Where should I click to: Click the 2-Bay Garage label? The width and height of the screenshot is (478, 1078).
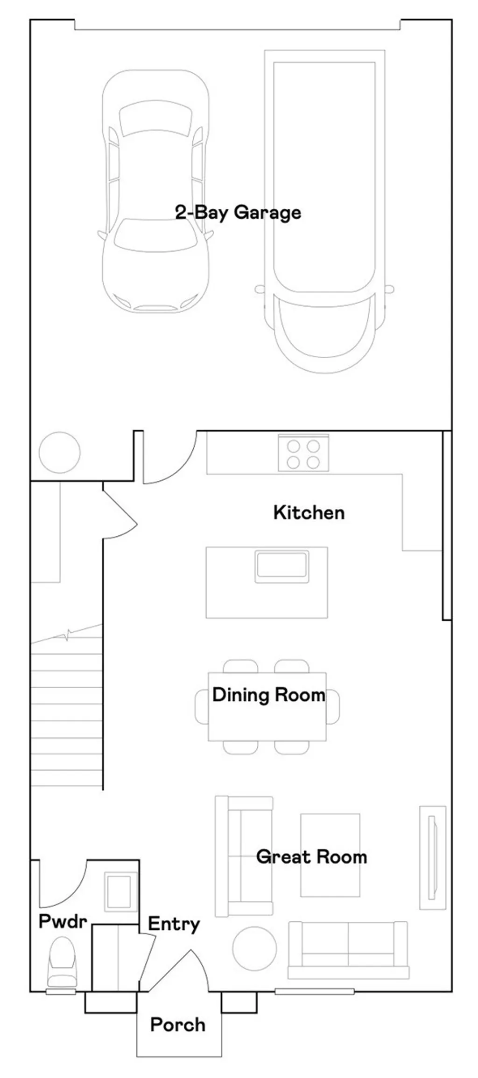pos(238,213)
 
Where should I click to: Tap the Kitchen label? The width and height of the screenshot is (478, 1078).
pos(309,513)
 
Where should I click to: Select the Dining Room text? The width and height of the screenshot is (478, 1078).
pos(268,695)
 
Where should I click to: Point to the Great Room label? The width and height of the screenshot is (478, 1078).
pos(311,857)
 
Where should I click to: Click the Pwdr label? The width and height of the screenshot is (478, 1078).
pos(63,921)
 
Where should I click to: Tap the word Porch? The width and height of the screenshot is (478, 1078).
pos(178,1025)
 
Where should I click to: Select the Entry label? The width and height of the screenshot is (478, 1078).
pos(174,924)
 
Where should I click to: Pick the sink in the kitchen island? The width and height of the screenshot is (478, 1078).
pos(281,566)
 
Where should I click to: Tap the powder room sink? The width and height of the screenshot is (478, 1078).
pos(119,892)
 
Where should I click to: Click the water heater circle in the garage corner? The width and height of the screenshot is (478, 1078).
pos(60,452)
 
